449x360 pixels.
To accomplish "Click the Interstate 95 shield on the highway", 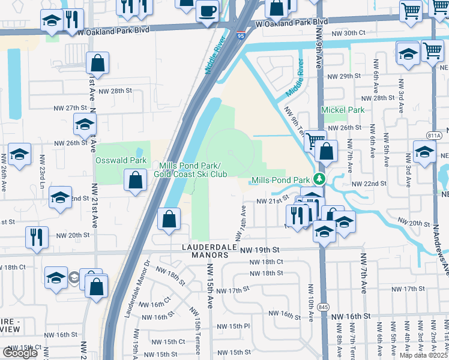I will [x=240, y=36].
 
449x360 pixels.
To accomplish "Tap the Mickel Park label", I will [x=343, y=110].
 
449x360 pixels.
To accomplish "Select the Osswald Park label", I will [x=121, y=161].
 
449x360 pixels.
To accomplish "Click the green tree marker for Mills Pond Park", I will [x=321, y=179].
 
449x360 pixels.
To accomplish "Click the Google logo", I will [x=20, y=352].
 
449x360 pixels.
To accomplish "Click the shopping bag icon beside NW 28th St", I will [x=97, y=64].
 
